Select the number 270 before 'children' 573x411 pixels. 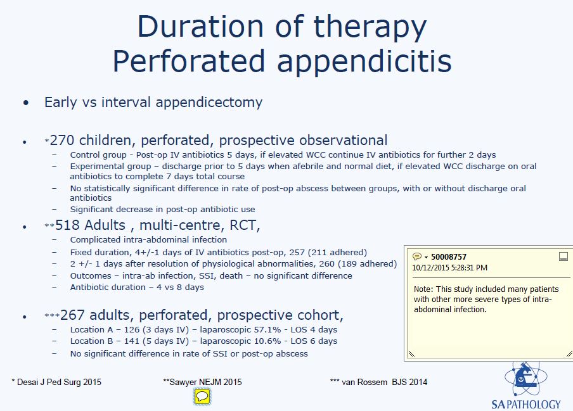[x=62, y=141]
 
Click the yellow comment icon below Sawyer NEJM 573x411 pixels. [x=202, y=397]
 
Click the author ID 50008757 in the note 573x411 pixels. [x=449, y=257]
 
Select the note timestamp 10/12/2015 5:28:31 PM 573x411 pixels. [x=451, y=267]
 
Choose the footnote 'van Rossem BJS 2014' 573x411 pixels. [x=378, y=382]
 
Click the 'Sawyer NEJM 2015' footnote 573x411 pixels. [x=202, y=382]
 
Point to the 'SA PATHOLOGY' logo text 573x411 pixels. [x=525, y=404]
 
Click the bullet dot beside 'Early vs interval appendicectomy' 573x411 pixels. [x=25, y=103]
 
